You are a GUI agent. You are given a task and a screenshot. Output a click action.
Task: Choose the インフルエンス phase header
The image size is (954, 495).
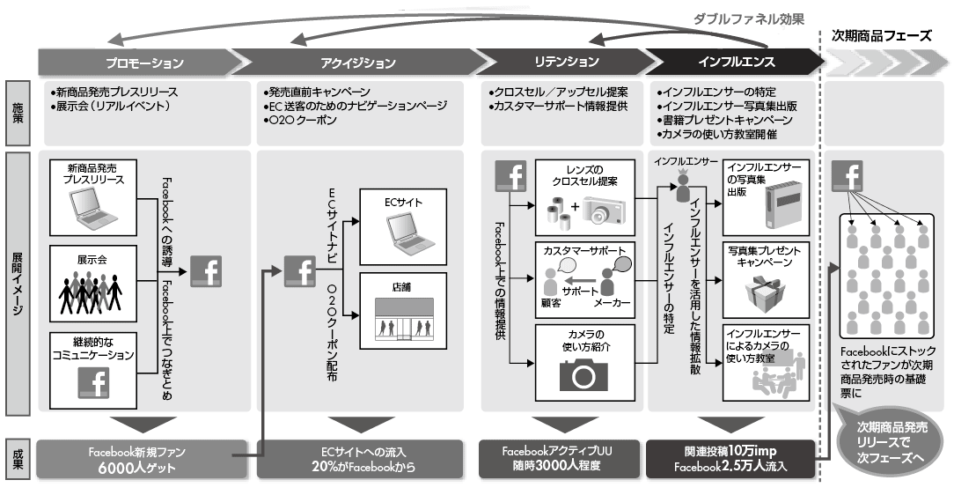coord(736,63)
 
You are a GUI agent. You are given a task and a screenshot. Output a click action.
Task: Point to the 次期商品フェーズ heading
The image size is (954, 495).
coord(882,36)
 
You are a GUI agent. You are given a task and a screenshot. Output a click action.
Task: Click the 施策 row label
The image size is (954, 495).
coord(19,114)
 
